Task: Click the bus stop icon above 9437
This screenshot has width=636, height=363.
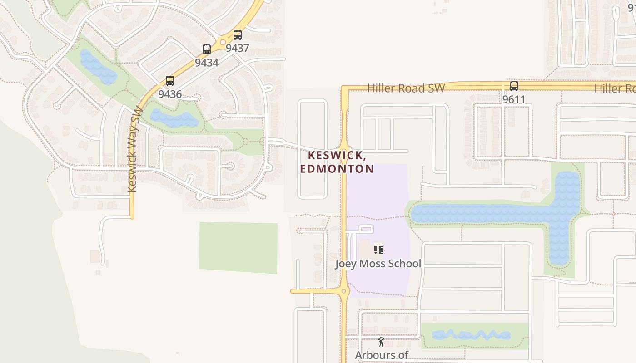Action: point(237,35)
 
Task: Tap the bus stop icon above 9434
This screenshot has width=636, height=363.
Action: point(207,49)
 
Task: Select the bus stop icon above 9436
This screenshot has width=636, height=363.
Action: point(170,81)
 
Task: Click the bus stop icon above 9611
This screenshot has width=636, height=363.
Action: point(514,86)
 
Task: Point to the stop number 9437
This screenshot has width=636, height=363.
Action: point(237,48)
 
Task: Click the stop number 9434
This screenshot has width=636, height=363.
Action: point(207,63)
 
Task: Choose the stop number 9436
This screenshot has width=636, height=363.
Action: point(170,94)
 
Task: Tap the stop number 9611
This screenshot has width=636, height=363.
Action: point(514,99)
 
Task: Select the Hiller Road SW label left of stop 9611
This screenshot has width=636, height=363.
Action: point(406,88)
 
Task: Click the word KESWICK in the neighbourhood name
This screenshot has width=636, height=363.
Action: point(337,155)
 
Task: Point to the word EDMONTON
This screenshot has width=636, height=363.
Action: point(337,169)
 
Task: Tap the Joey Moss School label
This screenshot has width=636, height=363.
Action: point(378,264)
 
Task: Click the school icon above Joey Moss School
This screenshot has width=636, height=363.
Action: point(378,250)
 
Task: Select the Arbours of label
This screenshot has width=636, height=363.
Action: point(382,355)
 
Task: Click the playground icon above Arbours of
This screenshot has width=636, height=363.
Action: point(382,342)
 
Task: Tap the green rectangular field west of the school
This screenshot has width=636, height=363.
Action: point(238,248)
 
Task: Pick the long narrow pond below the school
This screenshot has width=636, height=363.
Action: point(471,335)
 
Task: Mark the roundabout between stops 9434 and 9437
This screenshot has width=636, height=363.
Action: point(223,43)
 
